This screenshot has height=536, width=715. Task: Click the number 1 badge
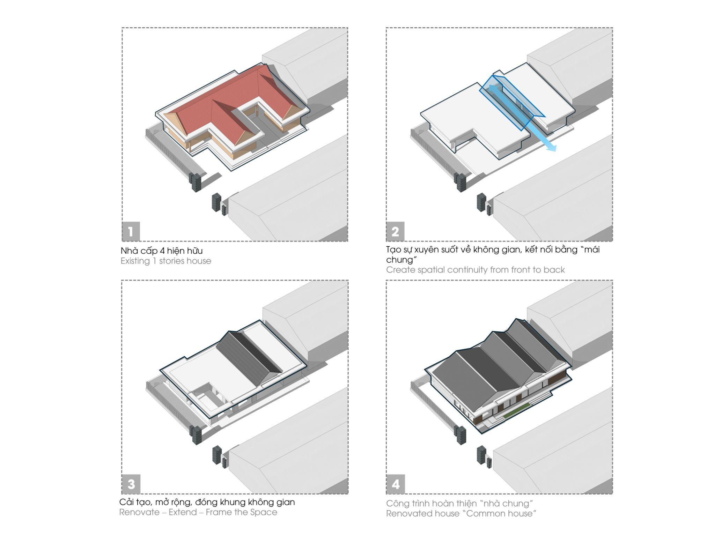coord(131,231)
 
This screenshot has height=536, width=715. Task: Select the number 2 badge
coord(395,231)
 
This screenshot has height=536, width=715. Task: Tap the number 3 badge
coord(131,484)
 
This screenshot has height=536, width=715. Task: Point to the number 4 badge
coord(395,484)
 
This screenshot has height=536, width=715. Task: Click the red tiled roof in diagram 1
coord(223,105)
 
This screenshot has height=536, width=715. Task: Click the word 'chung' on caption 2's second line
coord(399,260)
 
